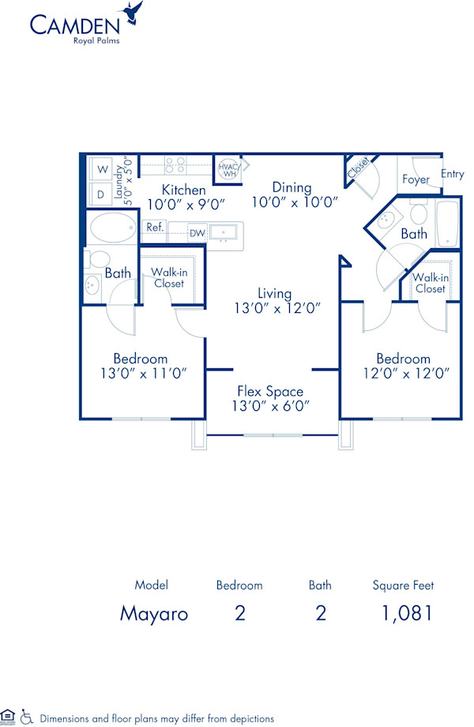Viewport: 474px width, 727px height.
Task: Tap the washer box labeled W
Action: [x=102, y=169]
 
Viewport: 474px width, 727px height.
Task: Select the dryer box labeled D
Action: [x=102, y=194]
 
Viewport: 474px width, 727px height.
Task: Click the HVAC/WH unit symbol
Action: [x=228, y=170]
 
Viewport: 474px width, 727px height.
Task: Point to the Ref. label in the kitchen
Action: [x=154, y=227]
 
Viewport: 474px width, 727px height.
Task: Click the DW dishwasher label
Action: [x=197, y=233]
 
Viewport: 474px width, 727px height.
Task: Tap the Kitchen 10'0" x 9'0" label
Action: [x=184, y=195]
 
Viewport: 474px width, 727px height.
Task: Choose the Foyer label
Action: [x=416, y=179]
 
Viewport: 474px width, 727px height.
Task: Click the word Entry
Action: [x=453, y=174]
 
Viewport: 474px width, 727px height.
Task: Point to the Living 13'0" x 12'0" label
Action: [x=275, y=301]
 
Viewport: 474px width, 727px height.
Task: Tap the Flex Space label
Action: [x=270, y=398]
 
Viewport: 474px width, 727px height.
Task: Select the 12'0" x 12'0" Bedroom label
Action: [x=403, y=366]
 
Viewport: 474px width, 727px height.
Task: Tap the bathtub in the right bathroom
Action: [x=447, y=224]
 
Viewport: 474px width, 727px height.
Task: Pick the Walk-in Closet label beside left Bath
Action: [x=168, y=277]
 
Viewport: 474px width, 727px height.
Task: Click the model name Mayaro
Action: [x=153, y=613]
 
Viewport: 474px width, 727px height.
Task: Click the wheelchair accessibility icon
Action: [x=26, y=718]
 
